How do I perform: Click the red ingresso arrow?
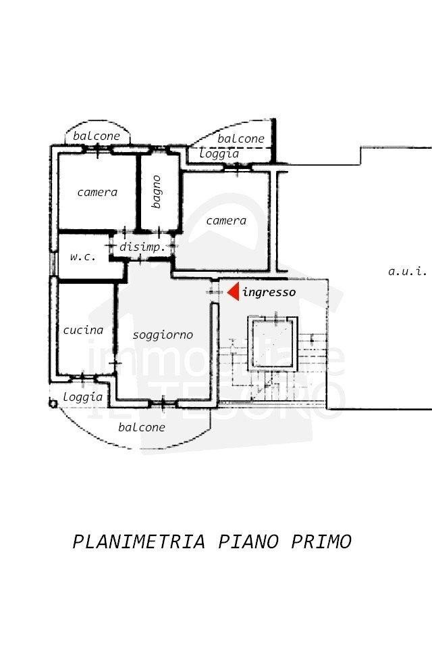pyautogui.click(x=233, y=292)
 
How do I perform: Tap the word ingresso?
pyautogui.click(x=269, y=293)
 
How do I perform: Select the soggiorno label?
pyautogui.click(x=163, y=335)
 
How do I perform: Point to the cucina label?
pyautogui.click(x=83, y=330)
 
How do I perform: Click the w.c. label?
pyautogui.click(x=83, y=257)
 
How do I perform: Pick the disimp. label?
pyautogui.click(x=142, y=247)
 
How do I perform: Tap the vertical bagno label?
pyautogui.click(x=157, y=191)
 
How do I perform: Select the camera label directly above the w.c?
pyautogui.click(x=97, y=192)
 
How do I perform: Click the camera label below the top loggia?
pyautogui.click(x=226, y=220)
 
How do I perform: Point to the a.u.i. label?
pyautogui.click(x=408, y=272)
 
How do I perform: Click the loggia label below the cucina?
pyautogui.click(x=83, y=397)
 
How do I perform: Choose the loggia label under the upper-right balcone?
pyautogui.click(x=219, y=153)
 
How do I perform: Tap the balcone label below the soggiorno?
pyautogui.click(x=142, y=427)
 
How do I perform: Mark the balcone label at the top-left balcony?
pyautogui.click(x=97, y=136)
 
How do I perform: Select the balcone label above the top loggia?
pyautogui.click(x=241, y=139)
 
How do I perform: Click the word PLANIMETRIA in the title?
pyautogui.click(x=138, y=542)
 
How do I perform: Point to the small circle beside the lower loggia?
pyautogui.click(x=53, y=403)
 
